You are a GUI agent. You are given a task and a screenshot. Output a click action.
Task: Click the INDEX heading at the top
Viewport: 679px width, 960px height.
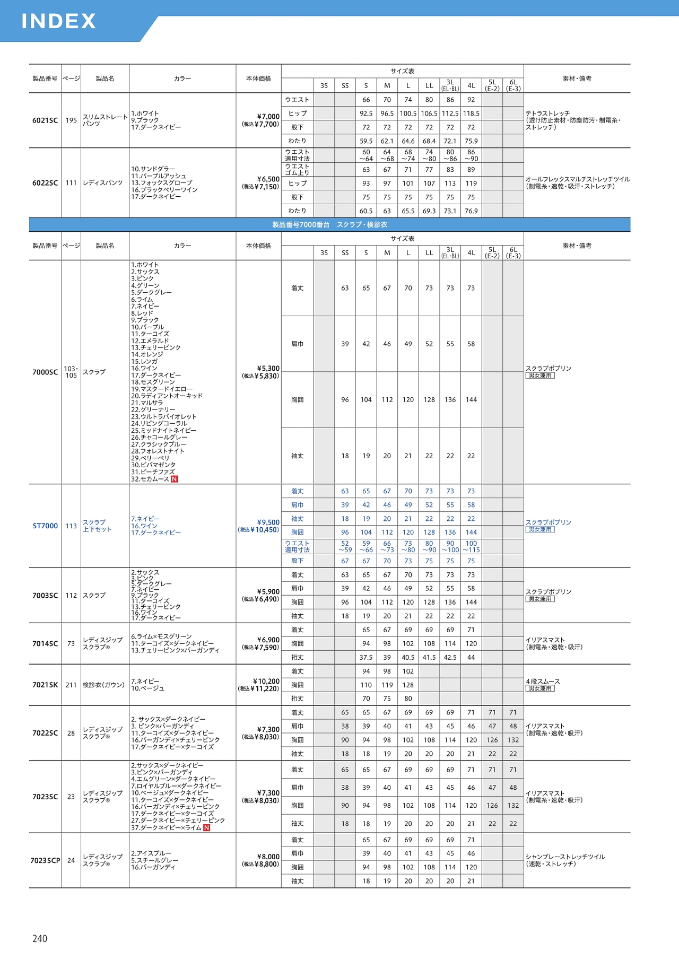tap(58, 21)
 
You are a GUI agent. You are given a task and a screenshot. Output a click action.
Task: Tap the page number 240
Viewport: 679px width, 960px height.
tap(40, 938)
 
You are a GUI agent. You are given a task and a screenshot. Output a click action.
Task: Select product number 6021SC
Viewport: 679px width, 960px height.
tap(45, 120)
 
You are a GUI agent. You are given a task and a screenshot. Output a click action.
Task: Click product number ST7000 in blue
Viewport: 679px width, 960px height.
tap(45, 526)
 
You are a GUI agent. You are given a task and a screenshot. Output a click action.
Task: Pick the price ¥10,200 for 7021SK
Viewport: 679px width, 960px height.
tap(266, 682)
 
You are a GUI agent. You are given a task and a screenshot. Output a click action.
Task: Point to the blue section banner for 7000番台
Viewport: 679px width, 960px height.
tap(329, 225)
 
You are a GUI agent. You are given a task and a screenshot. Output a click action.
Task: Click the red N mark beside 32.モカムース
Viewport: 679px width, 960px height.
tap(175, 479)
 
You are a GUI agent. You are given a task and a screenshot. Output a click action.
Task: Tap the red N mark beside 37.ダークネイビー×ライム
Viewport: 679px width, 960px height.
tap(207, 827)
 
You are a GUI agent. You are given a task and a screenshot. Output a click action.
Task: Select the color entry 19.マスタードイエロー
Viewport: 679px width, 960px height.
tap(162, 389)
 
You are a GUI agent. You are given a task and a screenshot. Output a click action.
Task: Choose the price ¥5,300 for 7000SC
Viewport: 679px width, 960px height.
tap(268, 369)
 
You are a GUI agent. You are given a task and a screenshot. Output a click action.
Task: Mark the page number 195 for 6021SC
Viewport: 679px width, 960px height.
tap(71, 120)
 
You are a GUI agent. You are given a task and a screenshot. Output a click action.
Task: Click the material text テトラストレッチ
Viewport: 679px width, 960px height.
tap(547, 114)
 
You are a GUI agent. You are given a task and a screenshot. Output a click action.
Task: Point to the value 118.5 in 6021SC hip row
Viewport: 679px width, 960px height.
tap(471, 114)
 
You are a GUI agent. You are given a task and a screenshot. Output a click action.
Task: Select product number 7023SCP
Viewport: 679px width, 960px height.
tap(45, 860)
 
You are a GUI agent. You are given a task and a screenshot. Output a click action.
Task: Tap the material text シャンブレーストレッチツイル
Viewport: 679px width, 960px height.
tap(565, 857)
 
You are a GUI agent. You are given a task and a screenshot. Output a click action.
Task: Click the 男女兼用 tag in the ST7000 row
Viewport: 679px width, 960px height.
tap(540, 529)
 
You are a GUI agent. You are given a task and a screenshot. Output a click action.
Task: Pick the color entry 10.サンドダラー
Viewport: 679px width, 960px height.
tap(153, 169)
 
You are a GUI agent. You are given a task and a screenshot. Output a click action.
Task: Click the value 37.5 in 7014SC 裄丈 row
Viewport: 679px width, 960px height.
tap(366, 657)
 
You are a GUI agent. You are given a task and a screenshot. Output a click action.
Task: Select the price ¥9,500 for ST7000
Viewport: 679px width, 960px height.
tap(268, 522)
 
